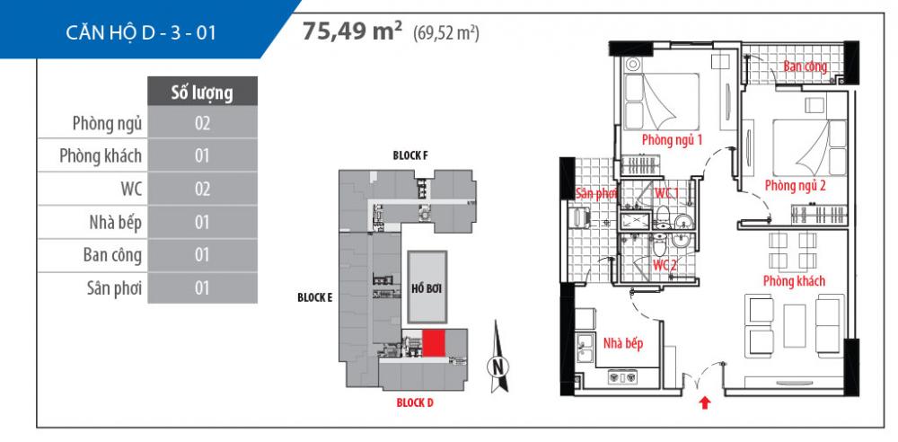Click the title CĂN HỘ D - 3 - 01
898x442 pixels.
141,32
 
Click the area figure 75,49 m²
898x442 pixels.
352,31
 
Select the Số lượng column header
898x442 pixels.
202,92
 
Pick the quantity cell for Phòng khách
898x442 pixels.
202,155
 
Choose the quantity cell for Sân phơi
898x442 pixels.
202,287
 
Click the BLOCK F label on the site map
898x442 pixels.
410,155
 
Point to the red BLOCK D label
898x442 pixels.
415,402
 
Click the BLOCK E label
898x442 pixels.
315,297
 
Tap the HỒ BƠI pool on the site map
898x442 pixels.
427,287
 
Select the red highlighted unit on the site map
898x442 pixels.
434,343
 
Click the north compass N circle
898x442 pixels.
498,366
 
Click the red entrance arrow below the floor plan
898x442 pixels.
705,403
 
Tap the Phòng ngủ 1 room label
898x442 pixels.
672,139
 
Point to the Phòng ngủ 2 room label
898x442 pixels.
795,186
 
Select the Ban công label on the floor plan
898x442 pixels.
806,66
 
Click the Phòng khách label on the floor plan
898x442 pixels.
795,281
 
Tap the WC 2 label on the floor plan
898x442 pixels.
665,265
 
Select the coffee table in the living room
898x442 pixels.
795,325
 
